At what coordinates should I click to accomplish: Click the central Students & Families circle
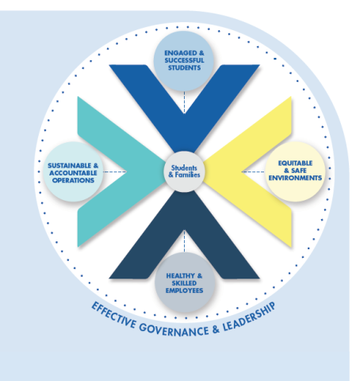[184, 171]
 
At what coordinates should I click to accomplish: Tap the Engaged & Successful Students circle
[184, 61]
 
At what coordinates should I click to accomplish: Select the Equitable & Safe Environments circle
[295, 171]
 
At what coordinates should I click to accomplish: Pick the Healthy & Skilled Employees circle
[184, 283]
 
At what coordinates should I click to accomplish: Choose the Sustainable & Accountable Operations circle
[73, 172]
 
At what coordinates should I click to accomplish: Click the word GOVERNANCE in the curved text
[174, 330]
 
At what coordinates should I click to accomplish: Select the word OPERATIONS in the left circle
[73, 180]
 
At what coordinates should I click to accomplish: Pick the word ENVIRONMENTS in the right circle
[295, 178]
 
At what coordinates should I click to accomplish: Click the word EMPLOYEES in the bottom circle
[184, 291]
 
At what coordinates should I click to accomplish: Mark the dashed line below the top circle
[184, 102]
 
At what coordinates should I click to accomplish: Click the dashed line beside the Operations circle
[115, 171]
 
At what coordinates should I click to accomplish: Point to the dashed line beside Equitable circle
[253, 171]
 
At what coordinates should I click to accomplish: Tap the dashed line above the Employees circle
[184, 241]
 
